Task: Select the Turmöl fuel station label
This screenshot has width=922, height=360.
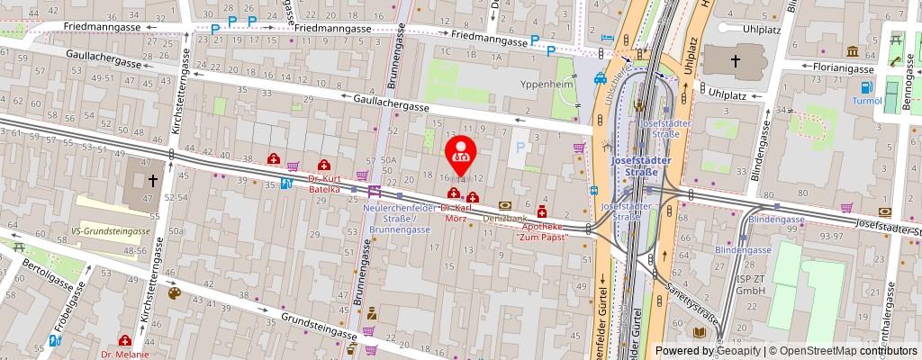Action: [x=868, y=102]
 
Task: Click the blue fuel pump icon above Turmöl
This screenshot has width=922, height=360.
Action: [x=867, y=87]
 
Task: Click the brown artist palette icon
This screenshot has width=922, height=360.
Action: [x=174, y=293]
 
